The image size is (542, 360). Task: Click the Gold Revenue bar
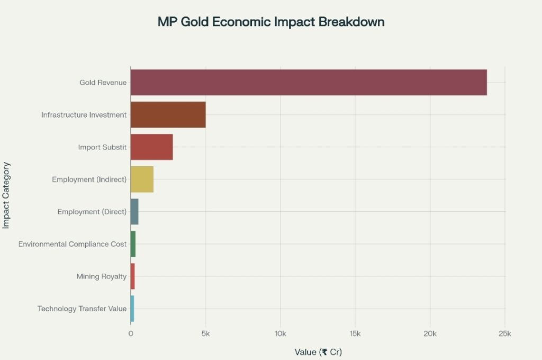pos(309,82)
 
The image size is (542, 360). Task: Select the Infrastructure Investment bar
pos(168,114)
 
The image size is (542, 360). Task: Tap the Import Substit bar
pos(151,147)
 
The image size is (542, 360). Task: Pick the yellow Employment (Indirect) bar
pos(142,179)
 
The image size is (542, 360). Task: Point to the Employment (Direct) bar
pos(134,212)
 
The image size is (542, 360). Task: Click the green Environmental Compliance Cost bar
pos(133,244)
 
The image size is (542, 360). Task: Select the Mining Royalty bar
pos(132,276)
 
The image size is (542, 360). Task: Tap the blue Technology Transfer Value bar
pos(132,309)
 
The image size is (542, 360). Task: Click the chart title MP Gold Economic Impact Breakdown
pos(271,22)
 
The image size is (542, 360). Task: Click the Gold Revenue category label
pos(103,82)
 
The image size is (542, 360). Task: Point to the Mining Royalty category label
pos(101,276)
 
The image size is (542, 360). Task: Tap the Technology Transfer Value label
pos(82,309)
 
